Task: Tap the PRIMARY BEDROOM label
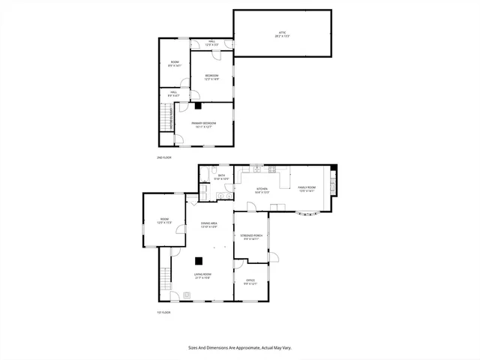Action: click(x=202, y=124)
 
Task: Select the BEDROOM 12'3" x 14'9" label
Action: click(x=211, y=76)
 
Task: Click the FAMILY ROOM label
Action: click(x=307, y=189)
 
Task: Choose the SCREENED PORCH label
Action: click(x=250, y=237)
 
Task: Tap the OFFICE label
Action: click(x=250, y=281)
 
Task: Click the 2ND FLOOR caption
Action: click(x=163, y=157)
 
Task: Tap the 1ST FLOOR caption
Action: click(x=163, y=312)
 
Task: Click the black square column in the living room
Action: click(x=199, y=261)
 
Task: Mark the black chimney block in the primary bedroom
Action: click(x=197, y=106)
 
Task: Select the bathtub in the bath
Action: click(x=205, y=176)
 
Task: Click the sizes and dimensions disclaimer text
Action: click(x=239, y=348)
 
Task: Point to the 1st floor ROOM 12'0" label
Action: click(x=164, y=222)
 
